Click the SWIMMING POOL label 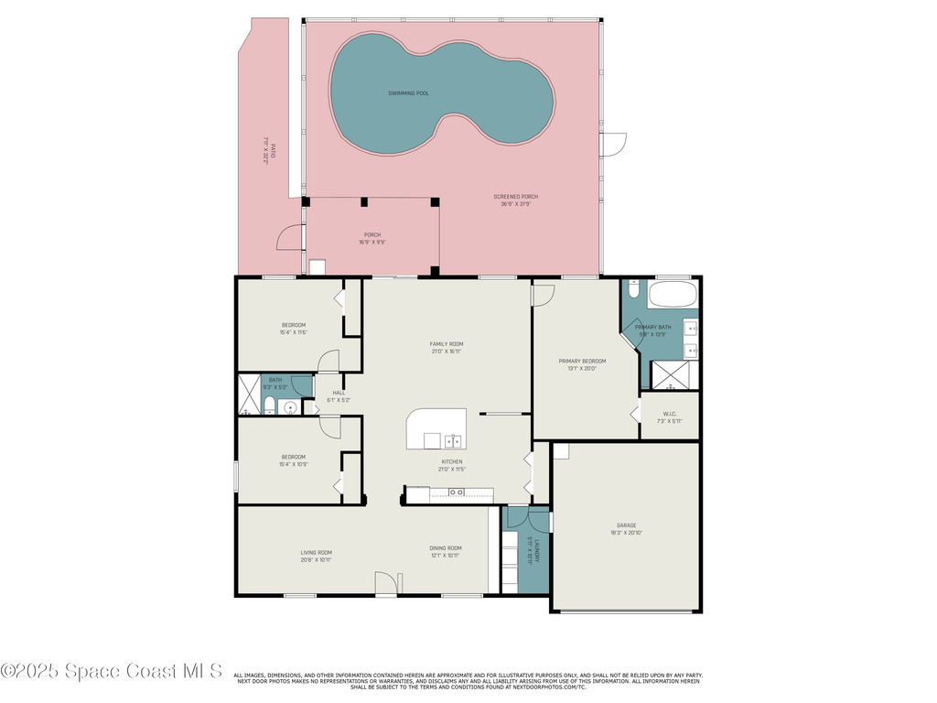pyautogui.click(x=408, y=93)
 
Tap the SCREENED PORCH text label pyautogui.click(x=516, y=197)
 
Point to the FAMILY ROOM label pyautogui.click(x=447, y=344)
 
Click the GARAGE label pyautogui.click(x=627, y=525)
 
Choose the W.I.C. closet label pyautogui.click(x=669, y=414)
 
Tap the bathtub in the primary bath pyautogui.click(x=673, y=297)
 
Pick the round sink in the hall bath pyautogui.click(x=290, y=408)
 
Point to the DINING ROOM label pyautogui.click(x=446, y=548)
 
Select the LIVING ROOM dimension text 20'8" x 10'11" pyautogui.click(x=316, y=559)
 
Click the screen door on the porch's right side pyautogui.click(x=611, y=145)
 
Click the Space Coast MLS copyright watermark pyautogui.click(x=112, y=671)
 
